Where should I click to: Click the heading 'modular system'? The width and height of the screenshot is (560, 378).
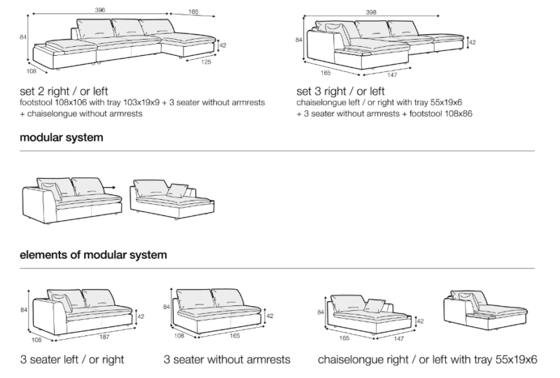point(62,138)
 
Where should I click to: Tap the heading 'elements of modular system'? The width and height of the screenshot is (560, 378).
point(93,255)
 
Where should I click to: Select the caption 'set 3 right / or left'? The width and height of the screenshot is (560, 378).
point(341,91)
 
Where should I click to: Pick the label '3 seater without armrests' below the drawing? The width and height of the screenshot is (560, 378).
point(227,360)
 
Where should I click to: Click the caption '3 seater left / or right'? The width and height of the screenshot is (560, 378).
point(72,360)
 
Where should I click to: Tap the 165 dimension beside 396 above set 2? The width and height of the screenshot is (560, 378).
point(194,12)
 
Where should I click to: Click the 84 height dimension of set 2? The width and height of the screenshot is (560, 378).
point(23,38)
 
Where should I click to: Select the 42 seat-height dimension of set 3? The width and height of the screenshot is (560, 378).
point(472,43)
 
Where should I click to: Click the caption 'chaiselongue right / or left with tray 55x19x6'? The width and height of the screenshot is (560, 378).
point(427,360)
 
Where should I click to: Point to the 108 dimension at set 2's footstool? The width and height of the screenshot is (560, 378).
point(31,71)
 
